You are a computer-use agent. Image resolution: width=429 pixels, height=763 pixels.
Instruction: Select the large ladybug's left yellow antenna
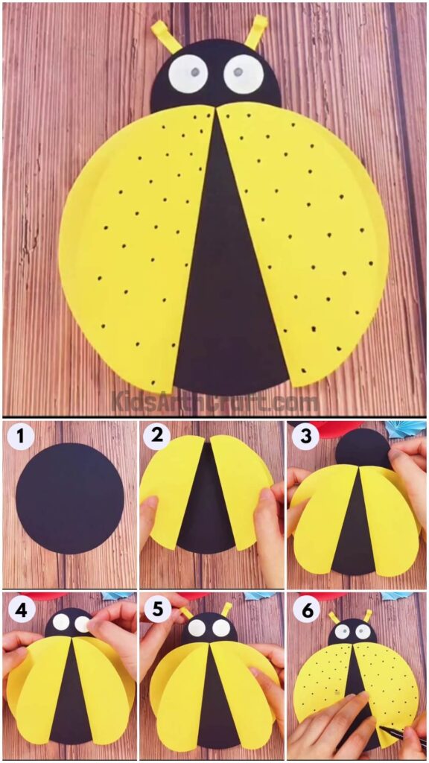point(166,36)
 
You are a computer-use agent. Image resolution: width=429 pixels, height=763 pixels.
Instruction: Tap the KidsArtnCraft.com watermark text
point(216,402)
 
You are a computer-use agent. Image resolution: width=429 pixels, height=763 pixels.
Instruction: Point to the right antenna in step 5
point(226,610)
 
